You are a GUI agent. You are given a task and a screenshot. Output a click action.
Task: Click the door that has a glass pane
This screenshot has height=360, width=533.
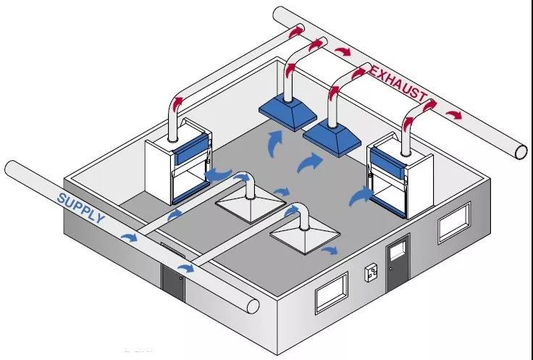click(x=398, y=262)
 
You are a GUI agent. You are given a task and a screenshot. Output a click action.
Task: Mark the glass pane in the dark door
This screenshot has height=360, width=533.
click(x=398, y=251)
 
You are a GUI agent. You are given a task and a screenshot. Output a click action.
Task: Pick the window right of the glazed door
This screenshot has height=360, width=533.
click(x=453, y=223)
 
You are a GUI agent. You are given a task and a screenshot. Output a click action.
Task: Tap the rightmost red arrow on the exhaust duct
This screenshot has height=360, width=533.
click(x=453, y=114)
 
